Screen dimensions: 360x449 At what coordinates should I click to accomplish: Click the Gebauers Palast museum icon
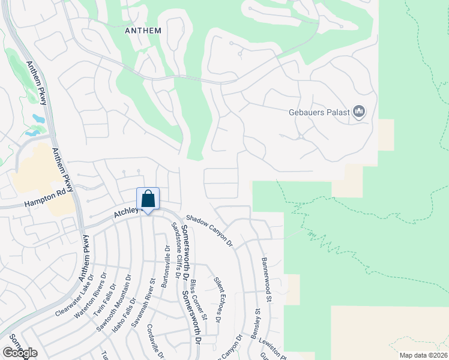coord(360,112)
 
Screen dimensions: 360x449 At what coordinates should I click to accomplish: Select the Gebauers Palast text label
coord(322,112)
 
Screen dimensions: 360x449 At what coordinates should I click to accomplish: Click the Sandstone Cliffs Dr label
coord(176,250)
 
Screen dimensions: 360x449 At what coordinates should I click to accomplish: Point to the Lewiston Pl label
coord(274,347)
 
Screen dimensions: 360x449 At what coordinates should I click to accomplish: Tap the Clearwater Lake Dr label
coord(75,296)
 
